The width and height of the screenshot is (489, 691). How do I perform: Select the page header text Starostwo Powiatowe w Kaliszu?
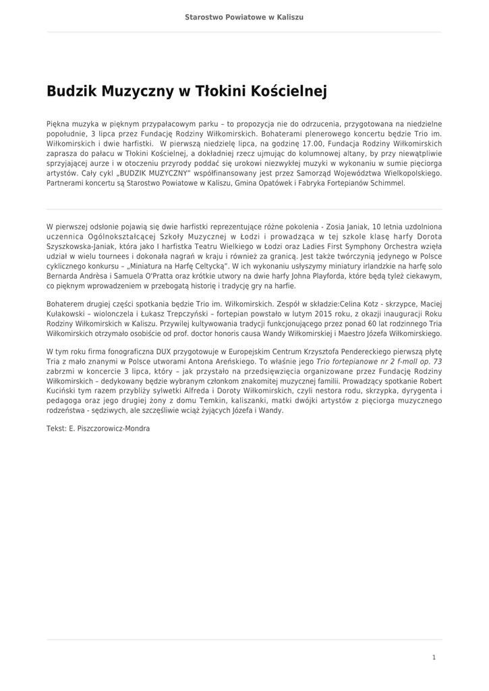pos(244,16)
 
